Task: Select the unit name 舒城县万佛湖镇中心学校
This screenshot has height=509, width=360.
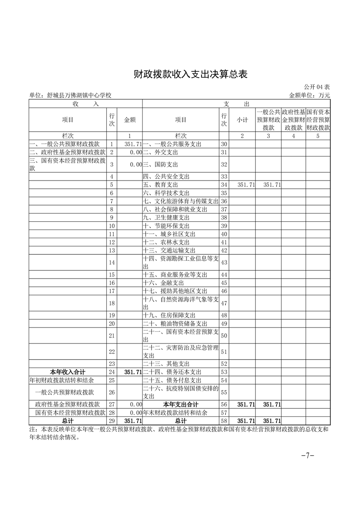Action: (x=70, y=95)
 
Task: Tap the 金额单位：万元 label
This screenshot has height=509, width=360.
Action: (x=309, y=95)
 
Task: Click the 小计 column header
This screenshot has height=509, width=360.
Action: (x=242, y=120)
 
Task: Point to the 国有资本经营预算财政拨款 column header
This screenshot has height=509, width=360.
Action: (x=318, y=120)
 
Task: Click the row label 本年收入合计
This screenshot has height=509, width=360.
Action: (x=68, y=372)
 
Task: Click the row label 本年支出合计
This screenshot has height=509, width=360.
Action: (x=180, y=405)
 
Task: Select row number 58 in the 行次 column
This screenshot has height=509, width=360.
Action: (x=223, y=421)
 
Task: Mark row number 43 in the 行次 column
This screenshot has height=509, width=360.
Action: (x=223, y=263)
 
